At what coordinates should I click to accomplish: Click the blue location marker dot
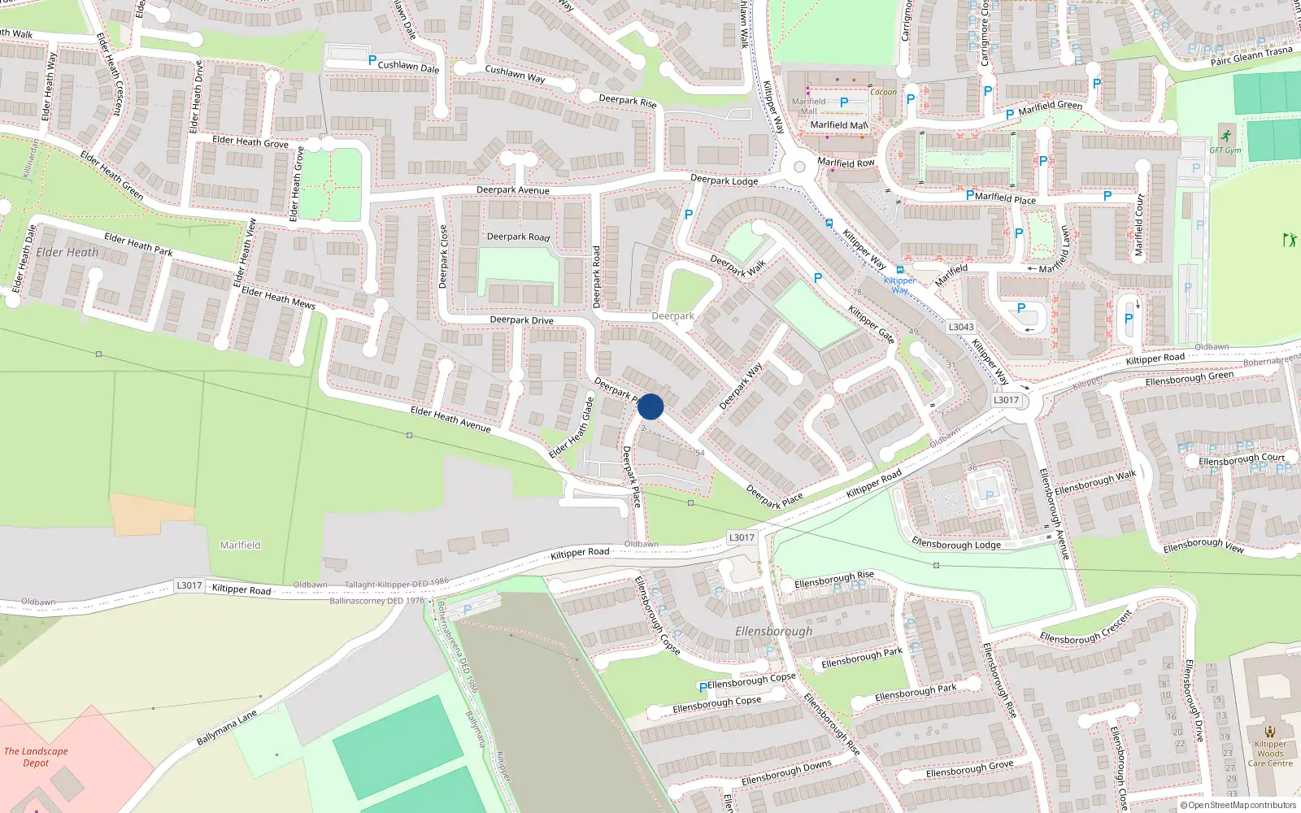click(650, 406)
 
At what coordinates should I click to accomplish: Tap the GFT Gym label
click(1225, 150)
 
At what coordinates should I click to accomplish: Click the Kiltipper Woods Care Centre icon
click(1270, 731)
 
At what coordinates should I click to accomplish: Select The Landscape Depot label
click(36, 757)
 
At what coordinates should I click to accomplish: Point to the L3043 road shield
click(961, 327)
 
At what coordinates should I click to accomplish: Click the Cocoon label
click(883, 92)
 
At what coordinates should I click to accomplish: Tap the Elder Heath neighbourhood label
click(67, 252)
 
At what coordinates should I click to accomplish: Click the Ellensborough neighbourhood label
click(773, 631)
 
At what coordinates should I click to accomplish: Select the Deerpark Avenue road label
click(512, 190)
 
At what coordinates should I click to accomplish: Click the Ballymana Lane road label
click(227, 727)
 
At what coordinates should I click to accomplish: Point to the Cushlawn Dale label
click(408, 66)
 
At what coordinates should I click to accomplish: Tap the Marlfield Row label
click(846, 163)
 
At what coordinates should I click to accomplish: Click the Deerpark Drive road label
click(521, 320)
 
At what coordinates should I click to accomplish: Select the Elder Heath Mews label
click(278, 298)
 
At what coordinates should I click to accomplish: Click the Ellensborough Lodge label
click(956, 544)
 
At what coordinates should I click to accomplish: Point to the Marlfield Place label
click(1005, 198)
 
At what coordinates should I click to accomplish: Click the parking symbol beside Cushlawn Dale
click(372, 60)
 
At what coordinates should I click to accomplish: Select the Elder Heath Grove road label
click(250, 142)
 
